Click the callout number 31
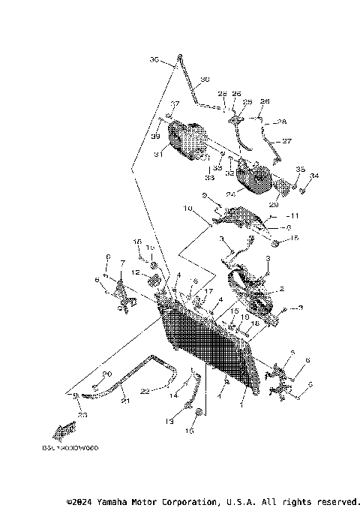pyautogui.click(x=158, y=155)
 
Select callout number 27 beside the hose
pyautogui.click(x=286, y=140)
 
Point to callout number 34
pyautogui.click(x=314, y=176)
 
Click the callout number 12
pyautogui.click(x=135, y=272)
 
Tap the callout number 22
pyautogui.click(x=145, y=389)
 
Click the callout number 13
pyautogui.click(x=169, y=422)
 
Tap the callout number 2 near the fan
pyautogui.click(x=282, y=288)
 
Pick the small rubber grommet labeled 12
pyautogui.click(x=153, y=280)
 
